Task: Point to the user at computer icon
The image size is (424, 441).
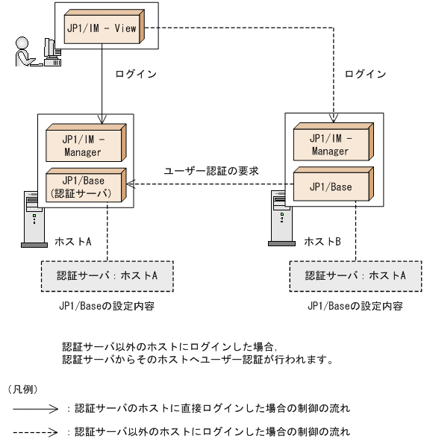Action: click(36, 51)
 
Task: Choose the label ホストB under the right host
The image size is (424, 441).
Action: click(322, 243)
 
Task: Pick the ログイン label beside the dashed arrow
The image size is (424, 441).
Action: click(366, 75)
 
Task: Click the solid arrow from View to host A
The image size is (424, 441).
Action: click(103, 82)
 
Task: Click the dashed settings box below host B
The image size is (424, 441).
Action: click(356, 275)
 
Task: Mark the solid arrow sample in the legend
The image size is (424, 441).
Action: click(35, 408)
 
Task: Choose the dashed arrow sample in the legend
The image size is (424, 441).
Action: click(35, 431)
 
